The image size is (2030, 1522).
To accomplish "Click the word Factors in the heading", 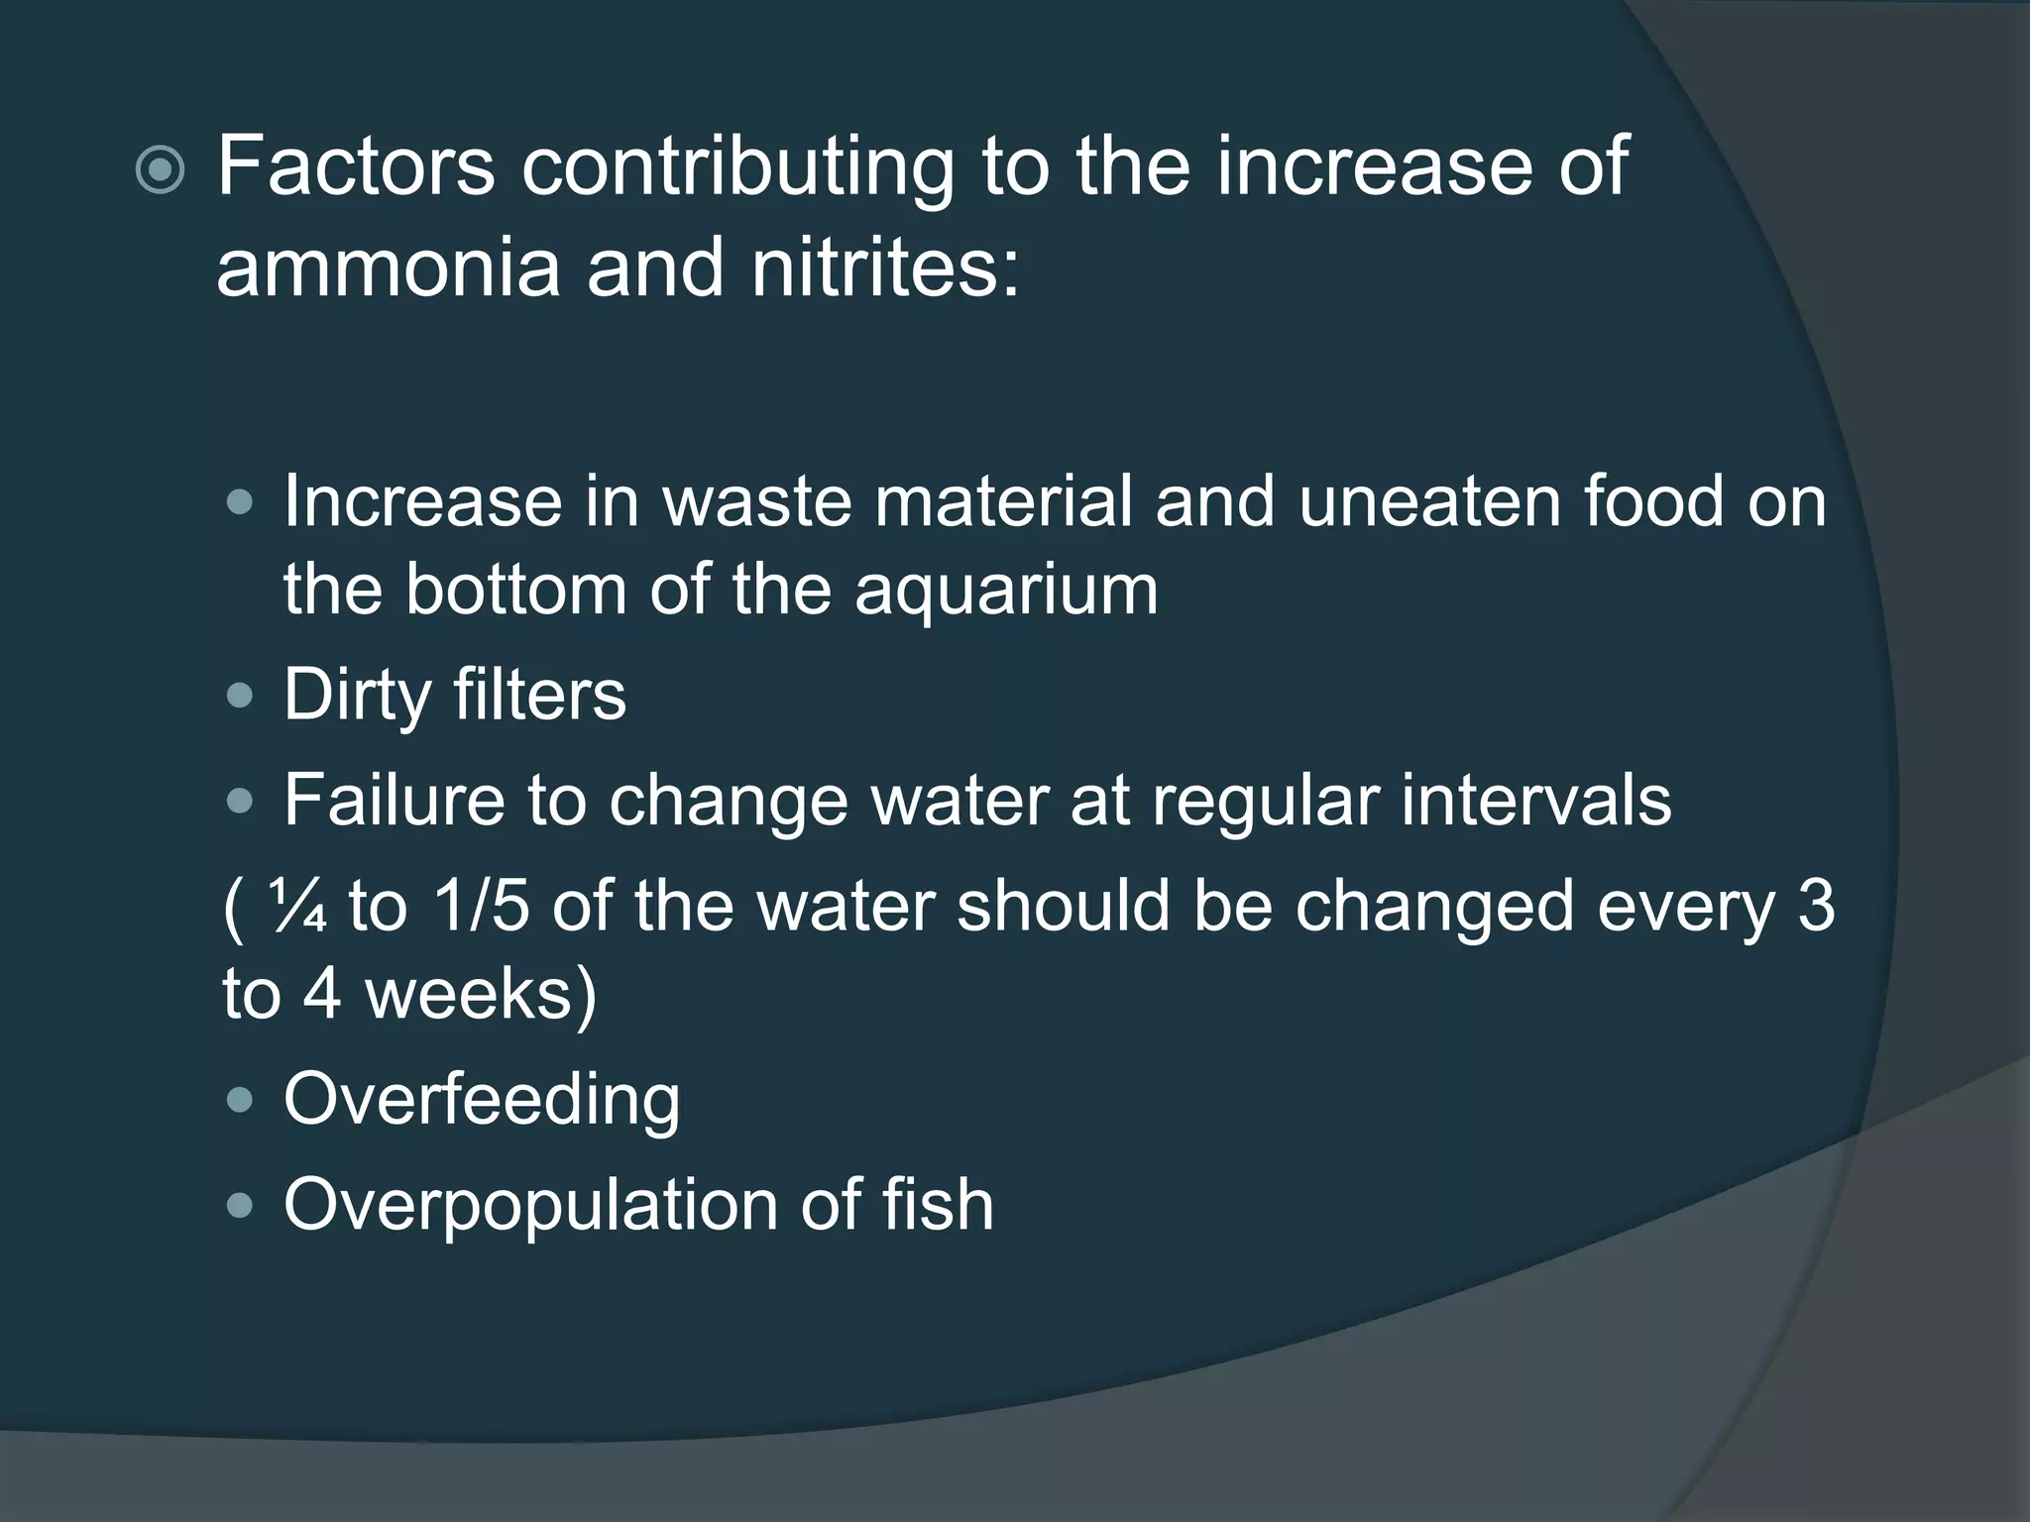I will point(356,165).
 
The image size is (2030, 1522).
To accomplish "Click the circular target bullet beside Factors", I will point(160,170).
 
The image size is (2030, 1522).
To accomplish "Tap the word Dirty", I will point(357,696).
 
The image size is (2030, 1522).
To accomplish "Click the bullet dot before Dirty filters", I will point(239,696).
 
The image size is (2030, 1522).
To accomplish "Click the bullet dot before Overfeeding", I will point(239,1100).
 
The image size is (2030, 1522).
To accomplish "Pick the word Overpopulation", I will point(530,1206).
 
